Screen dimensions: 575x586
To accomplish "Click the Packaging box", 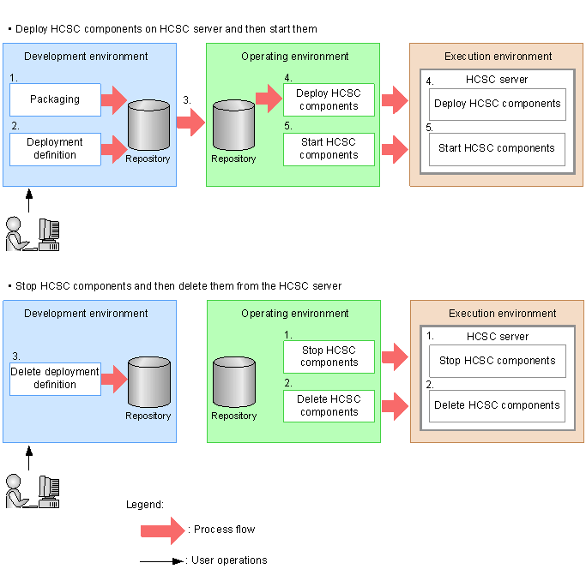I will coord(55,99).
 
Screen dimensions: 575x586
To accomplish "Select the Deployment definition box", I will coord(55,149).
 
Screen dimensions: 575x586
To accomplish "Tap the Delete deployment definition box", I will coord(55,378).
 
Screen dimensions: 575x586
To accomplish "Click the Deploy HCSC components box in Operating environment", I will coord(329,99).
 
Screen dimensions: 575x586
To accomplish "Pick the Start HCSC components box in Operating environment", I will coord(329,149).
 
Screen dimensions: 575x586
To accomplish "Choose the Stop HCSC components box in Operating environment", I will coord(329,356).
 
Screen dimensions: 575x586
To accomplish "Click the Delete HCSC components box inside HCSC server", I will coord(497,405).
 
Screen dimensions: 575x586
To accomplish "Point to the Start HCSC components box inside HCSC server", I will coord(497,148).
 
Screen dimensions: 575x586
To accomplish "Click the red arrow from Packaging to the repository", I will coord(113,100).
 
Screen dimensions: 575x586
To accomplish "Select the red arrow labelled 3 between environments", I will coord(190,122).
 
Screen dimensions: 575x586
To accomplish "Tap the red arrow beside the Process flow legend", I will coord(163,530).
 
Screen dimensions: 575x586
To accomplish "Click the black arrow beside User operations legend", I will coord(162,560).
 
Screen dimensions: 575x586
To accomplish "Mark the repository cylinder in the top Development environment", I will coord(148,126).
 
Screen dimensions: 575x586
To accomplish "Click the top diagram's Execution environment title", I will coord(498,57).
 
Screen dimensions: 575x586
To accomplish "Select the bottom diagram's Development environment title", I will coord(86,314).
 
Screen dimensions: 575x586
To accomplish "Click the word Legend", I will coord(144,505).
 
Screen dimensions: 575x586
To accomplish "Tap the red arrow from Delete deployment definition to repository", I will coord(113,378).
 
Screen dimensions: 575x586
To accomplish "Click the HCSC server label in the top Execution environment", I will coord(497,80).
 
